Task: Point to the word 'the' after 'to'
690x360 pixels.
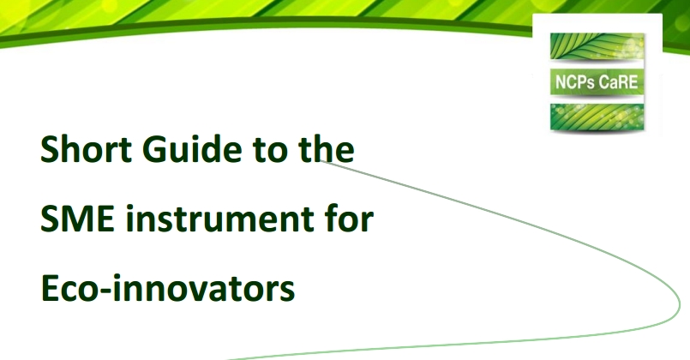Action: click(x=324, y=151)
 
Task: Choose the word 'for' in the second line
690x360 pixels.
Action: click(x=347, y=220)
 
